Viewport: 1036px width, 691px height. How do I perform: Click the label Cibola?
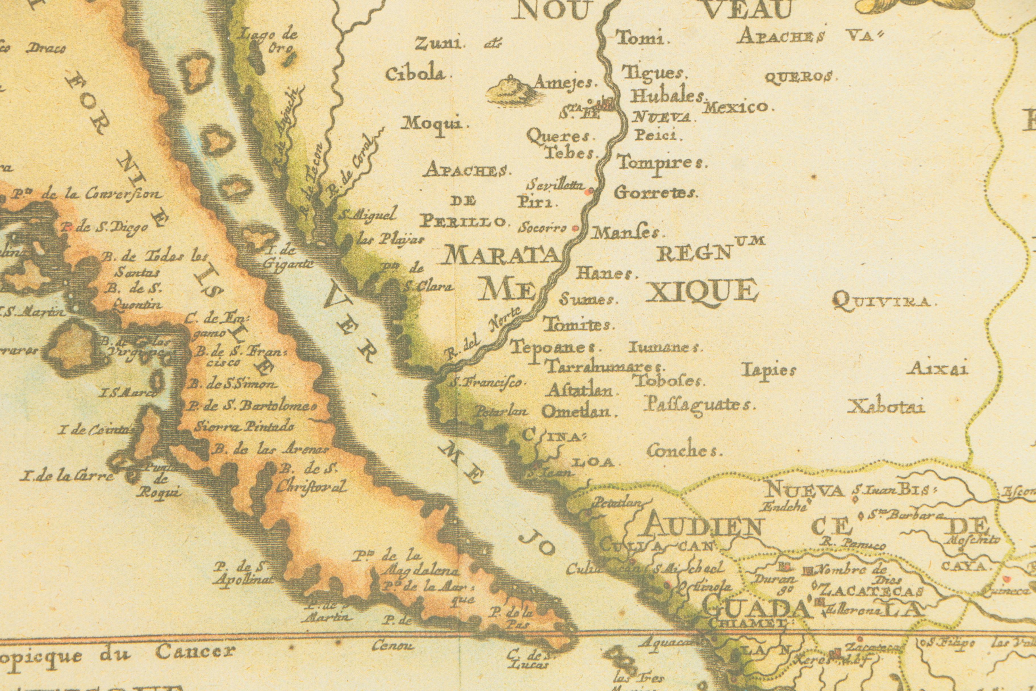pos(416,74)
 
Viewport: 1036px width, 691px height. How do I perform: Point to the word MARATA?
pos(501,256)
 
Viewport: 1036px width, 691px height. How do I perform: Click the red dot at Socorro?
pos(575,228)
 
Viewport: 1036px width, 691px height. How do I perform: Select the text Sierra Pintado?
pos(245,426)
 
